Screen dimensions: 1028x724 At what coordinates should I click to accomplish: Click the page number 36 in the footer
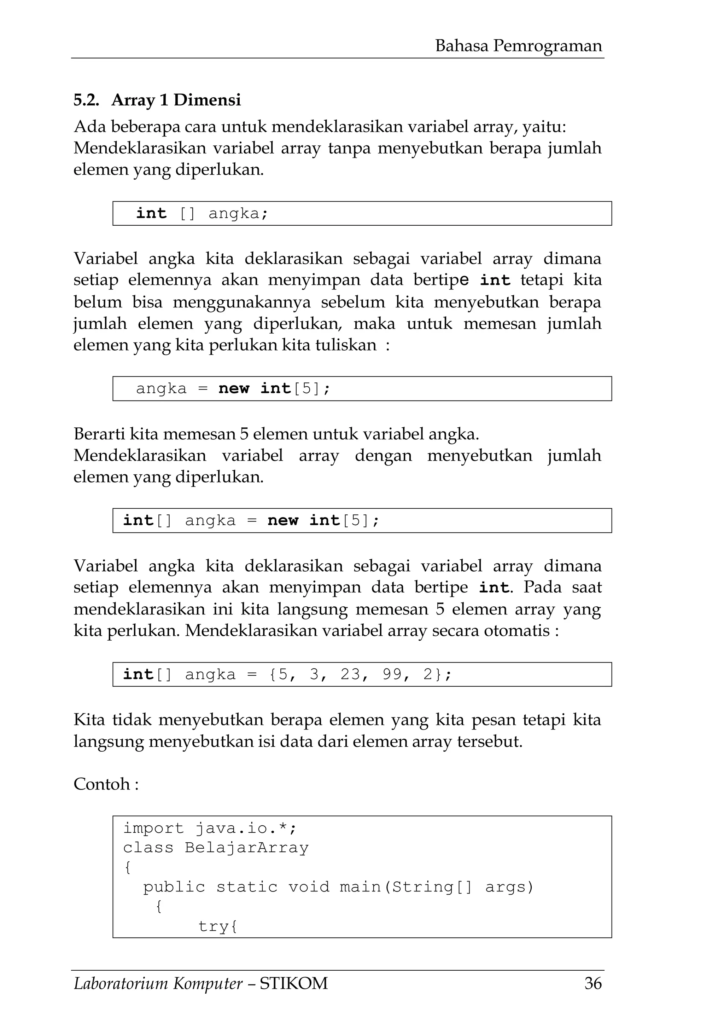coord(593,983)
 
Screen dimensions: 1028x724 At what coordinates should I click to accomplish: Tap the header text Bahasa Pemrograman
coord(518,46)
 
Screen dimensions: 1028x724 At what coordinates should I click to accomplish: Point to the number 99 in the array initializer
coord(392,674)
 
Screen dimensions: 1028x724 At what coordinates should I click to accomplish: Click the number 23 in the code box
coord(350,674)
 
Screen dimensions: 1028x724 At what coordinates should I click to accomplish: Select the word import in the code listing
coord(153,828)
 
